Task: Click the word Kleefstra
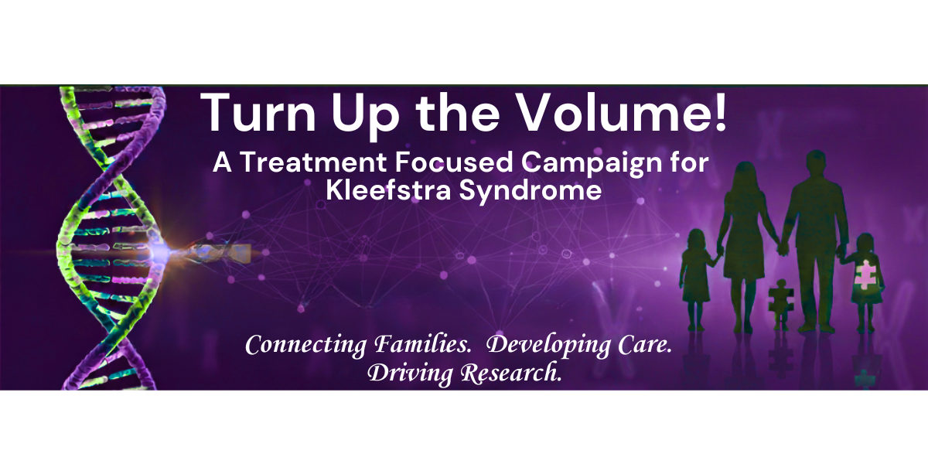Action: point(384,191)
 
